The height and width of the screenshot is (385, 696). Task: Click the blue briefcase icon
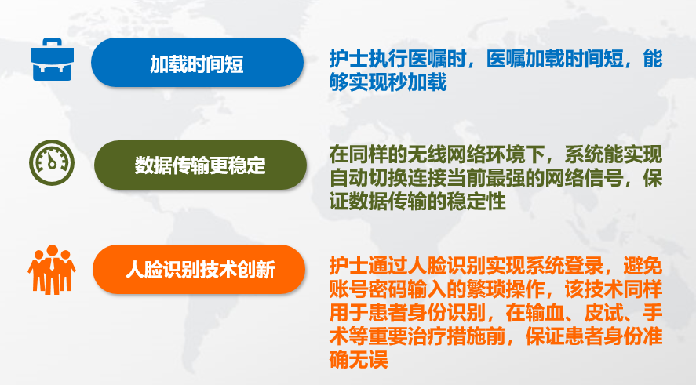(52, 60)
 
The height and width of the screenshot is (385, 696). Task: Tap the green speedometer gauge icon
(52, 163)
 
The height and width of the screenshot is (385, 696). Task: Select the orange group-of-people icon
(52, 270)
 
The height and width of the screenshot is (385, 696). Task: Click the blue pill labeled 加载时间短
(198, 63)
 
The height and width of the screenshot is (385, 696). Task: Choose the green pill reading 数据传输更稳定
(200, 165)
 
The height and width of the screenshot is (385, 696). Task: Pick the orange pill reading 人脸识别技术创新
(199, 269)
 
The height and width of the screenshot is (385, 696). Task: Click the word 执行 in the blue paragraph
(388, 59)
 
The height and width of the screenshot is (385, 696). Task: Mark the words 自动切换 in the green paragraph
(369, 178)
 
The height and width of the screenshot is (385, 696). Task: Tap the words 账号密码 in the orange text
(369, 289)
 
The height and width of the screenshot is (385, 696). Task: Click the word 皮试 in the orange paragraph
(603, 313)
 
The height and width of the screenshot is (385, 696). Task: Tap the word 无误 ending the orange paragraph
(369, 359)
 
